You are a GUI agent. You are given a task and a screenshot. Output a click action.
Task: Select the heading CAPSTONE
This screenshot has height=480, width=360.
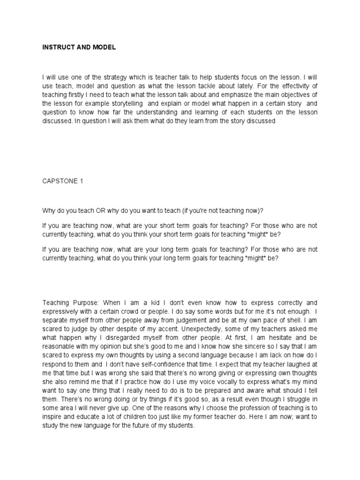59,180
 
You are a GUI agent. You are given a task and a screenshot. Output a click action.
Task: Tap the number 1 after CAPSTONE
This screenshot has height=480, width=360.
81,180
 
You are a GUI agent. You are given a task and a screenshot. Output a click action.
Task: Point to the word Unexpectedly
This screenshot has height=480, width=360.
181,336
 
